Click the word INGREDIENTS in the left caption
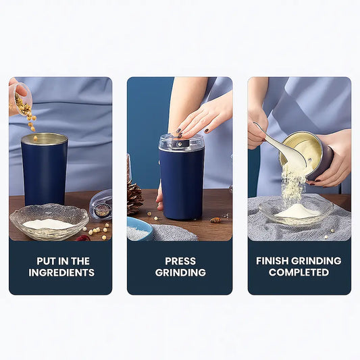coord(61,272)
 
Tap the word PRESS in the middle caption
coord(180,261)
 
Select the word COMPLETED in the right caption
coord(299,272)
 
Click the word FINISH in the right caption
coord(272,261)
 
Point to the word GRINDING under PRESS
coord(180,272)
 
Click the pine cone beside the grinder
coord(134,197)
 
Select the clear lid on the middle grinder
coord(182,143)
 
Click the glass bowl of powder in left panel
coord(49,221)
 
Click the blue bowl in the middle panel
coord(140,228)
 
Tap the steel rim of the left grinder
coord(45,139)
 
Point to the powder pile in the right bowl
coord(297,211)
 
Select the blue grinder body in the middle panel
coord(182,184)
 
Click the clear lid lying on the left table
coord(101,205)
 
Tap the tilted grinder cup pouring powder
coord(307,156)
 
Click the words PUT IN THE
coord(63,261)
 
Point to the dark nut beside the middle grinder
coord(215,220)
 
